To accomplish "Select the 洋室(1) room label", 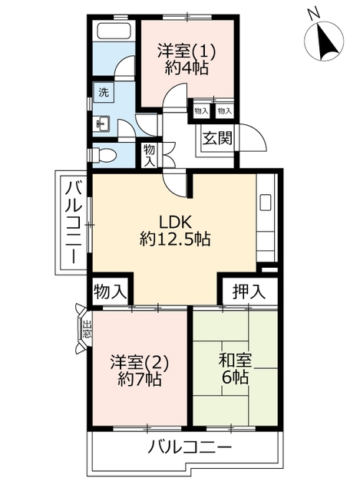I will click(187, 51).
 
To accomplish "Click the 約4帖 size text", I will click(187, 68).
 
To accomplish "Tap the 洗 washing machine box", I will click(103, 93).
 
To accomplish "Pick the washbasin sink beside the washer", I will click(101, 123).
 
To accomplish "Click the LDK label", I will click(176, 222).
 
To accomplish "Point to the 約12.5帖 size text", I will click(176, 239).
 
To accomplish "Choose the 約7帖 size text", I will click(139, 379).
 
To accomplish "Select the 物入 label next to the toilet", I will click(149, 155).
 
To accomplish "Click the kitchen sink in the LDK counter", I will click(266, 203).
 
